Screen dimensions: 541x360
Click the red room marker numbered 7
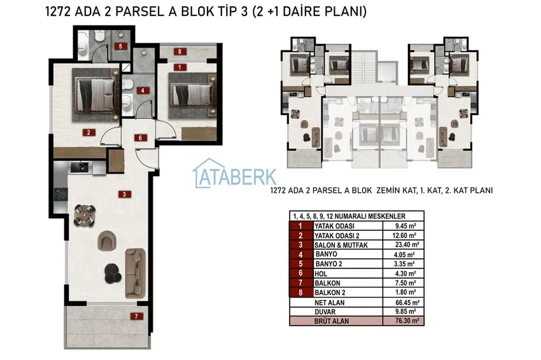(x=137, y=316)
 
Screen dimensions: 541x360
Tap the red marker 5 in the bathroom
(x=120, y=46)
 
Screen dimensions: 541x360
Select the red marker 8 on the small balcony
(x=179, y=52)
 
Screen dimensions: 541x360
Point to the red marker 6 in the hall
(x=141, y=138)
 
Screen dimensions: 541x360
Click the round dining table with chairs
(x=85, y=216)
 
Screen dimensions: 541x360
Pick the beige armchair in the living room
(x=107, y=240)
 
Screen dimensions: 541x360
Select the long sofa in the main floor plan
(x=135, y=273)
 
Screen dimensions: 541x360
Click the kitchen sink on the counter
(x=80, y=167)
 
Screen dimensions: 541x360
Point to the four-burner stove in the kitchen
(x=60, y=195)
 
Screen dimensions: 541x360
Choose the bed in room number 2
(x=95, y=95)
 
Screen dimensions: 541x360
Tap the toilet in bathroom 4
(x=127, y=84)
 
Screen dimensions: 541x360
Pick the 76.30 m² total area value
(x=407, y=321)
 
